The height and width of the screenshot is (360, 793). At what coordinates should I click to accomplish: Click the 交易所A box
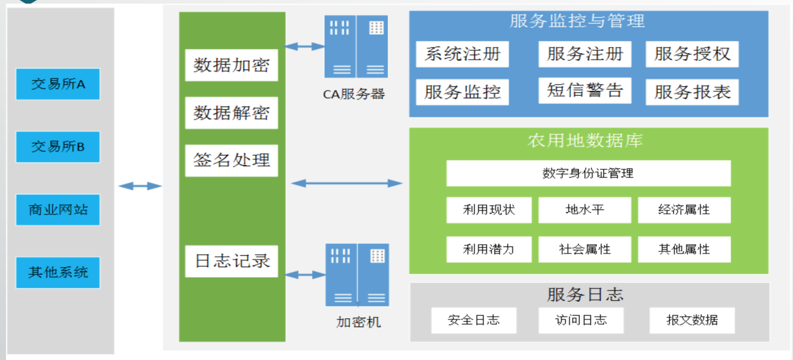click(58, 84)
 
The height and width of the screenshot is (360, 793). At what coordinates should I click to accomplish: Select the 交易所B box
click(58, 147)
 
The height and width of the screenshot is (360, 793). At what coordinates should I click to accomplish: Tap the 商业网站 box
click(58, 210)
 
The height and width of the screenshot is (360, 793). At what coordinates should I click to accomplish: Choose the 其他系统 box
click(58, 272)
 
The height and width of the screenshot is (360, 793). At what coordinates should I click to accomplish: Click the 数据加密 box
click(231, 65)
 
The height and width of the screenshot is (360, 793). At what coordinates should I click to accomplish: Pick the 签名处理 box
click(231, 160)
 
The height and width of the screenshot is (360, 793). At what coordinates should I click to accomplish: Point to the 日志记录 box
click(231, 261)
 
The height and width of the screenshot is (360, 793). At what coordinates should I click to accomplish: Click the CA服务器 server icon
click(356, 47)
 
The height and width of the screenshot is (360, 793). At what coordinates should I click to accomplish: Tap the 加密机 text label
click(358, 322)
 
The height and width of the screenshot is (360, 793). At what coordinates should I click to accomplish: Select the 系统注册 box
click(462, 54)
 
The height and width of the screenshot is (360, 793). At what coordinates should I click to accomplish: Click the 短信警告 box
click(584, 90)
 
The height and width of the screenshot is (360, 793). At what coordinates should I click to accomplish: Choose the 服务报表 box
click(692, 92)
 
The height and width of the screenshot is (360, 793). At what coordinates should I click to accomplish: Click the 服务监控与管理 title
click(577, 21)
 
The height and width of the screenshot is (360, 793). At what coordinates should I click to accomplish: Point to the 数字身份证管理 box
click(588, 173)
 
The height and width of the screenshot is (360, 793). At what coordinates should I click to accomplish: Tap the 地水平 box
click(584, 210)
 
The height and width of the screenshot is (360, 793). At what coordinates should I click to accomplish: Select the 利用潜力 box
click(489, 249)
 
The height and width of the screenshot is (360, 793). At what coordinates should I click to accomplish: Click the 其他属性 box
click(684, 249)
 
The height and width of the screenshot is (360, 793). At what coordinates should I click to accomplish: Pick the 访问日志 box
click(581, 320)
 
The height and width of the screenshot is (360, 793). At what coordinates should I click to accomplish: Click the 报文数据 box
click(692, 320)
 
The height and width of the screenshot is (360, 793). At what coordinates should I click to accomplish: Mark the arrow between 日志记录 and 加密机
click(305, 275)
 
